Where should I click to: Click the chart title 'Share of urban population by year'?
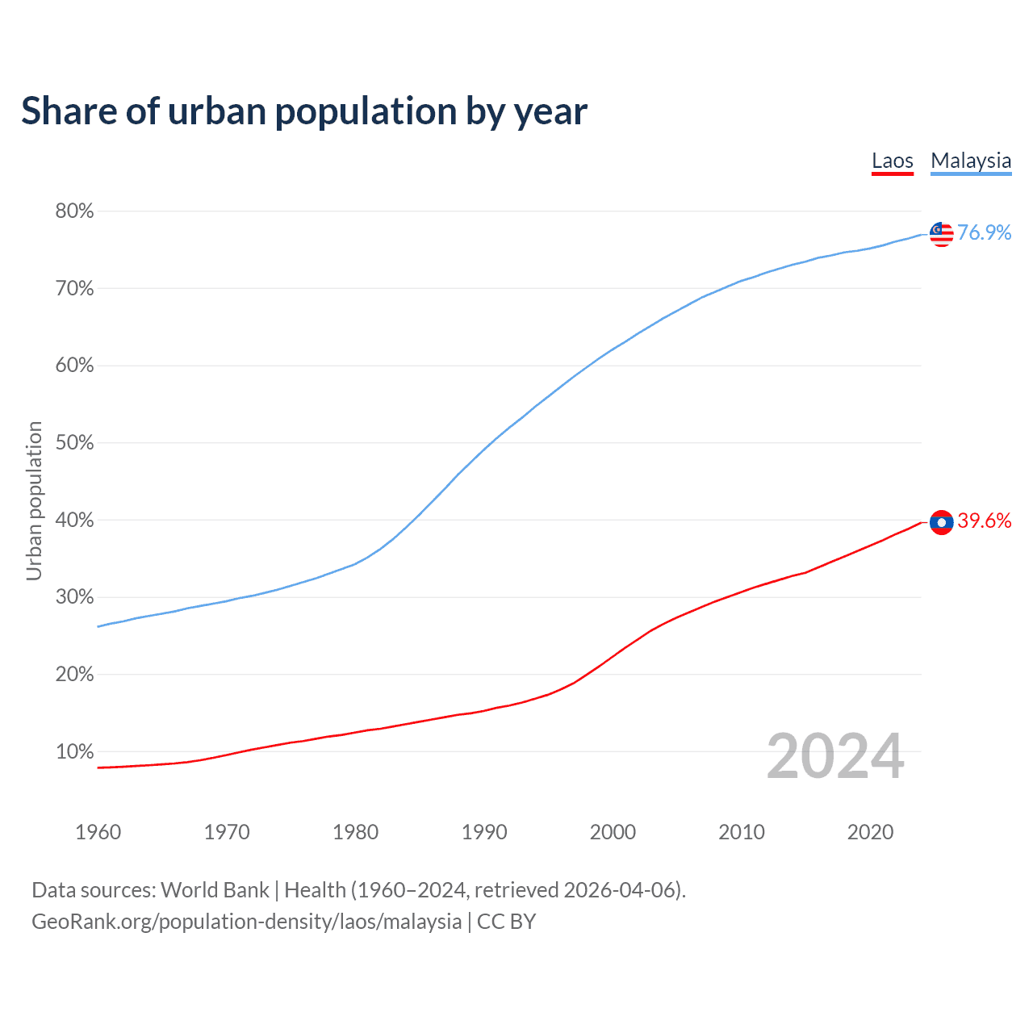[304, 111]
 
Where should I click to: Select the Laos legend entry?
[892, 161]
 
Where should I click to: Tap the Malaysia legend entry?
[971, 161]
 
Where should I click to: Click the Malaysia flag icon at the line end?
[941, 234]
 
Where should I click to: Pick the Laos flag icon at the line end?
[941, 522]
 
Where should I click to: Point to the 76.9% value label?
[984, 233]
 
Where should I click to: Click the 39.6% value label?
[984, 521]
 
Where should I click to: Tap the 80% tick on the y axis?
[74, 211]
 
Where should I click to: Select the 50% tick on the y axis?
[74, 443]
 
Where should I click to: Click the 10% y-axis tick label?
[74, 752]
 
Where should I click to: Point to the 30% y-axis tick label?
[74, 597]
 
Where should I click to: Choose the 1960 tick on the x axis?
[98, 832]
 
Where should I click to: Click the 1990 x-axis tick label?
[484, 832]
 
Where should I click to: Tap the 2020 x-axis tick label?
[870, 832]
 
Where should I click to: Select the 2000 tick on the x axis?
[613, 832]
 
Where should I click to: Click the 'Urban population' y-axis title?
[34, 500]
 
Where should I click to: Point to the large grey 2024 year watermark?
[835, 756]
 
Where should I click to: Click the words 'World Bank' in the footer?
[215, 890]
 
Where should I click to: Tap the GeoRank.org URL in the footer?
[246, 922]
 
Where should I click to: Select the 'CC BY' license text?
[506, 922]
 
